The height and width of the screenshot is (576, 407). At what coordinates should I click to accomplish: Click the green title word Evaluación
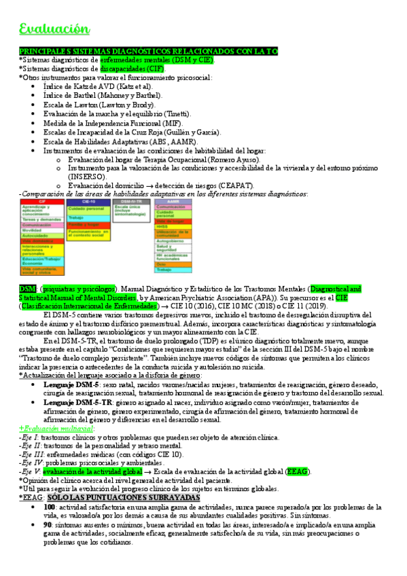(x=54, y=29)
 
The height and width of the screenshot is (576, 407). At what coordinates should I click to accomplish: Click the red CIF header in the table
(x=41, y=202)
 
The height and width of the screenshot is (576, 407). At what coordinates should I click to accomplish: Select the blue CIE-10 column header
(x=89, y=202)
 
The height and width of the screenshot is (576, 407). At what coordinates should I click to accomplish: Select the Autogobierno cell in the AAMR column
(x=170, y=240)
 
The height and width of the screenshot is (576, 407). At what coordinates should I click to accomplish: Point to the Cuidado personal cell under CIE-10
(x=86, y=209)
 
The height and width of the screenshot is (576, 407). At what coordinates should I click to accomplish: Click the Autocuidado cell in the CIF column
(x=34, y=235)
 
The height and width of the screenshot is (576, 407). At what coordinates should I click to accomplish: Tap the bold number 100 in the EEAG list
(x=49, y=507)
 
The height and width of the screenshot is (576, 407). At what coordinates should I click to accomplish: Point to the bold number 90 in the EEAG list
(x=47, y=525)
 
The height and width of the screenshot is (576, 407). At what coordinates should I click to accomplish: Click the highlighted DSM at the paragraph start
(x=28, y=289)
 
